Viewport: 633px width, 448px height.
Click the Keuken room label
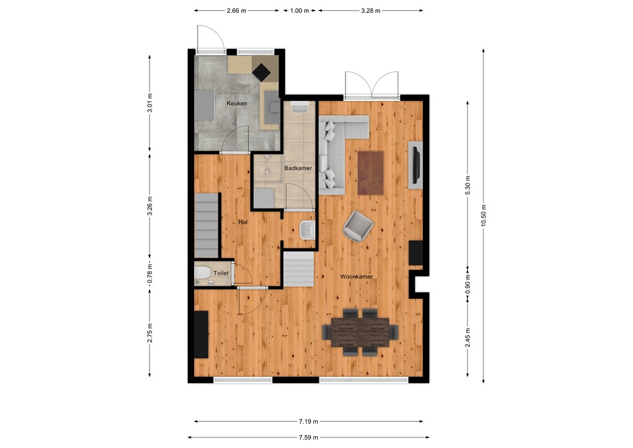point(237,103)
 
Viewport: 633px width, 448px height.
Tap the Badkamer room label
point(298,168)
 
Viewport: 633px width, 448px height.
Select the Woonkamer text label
point(356,277)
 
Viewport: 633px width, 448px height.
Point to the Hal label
point(243,221)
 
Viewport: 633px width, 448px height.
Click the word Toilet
point(221,273)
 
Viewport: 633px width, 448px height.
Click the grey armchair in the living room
point(358,226)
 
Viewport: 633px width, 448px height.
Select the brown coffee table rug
point(371,173)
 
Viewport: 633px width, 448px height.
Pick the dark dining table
point(360,332)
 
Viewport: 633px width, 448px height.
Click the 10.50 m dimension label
point(484,216)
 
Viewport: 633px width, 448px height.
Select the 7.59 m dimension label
point(308,437)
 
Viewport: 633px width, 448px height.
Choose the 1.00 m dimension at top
point(299,11)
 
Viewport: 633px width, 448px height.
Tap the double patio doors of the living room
point(372,86)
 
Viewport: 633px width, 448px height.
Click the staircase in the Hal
point(207,225)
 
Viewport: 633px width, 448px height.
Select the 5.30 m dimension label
point(468,185)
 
